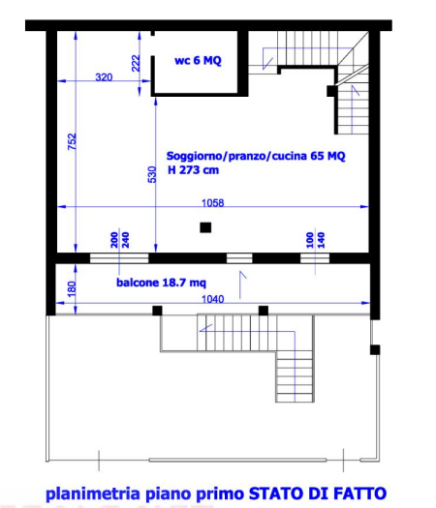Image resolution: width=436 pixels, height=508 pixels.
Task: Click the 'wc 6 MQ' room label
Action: pyautogui.click(x=198, y=61)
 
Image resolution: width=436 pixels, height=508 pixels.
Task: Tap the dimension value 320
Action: pyautogui.click(x=104, y=77)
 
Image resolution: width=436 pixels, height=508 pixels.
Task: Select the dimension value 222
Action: pyautogui.click(x=136, y=63)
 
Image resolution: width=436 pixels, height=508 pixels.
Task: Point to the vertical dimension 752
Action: pyautogui.click(x=72, y=141)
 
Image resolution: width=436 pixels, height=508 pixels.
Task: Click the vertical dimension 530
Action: pyautogui.click(x=152, y=174)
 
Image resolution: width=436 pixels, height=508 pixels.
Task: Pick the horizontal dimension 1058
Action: pyautogui.click(x=213, y=203)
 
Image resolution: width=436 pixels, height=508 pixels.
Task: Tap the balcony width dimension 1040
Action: pyautogui.click(x=213, y=299)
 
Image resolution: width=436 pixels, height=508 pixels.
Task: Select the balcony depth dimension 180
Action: pyautogui.click(x=72, y=288)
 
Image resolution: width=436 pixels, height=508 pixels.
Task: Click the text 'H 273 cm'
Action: pyautogui.click(x=194, y=170)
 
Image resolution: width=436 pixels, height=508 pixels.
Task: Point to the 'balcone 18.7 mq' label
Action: pyautogui.click(x=161, y=283)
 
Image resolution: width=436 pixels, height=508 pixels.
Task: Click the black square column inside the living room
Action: pyautogui.click(x=205, y=227)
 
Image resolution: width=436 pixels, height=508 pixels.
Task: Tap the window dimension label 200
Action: pyautogui.click(x=114, y=240)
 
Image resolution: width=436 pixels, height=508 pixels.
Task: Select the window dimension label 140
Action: pyautogui.click(x=321, y=240)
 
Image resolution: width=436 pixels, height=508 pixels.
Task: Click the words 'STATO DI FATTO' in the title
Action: pyautogui.click(x=318, y=493)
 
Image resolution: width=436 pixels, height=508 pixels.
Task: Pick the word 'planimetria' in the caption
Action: pyautogui.click(x=93, y=493)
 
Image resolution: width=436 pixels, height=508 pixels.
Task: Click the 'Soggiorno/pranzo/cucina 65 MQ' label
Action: pyautogui.click(x=256, y=156)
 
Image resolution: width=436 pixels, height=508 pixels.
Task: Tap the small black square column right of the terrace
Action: pyautogui.click(x=375, y=350)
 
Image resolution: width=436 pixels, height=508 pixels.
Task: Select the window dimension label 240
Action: pyautogui.click(x=125, y=240)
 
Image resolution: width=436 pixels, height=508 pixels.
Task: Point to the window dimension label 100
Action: pyautogui.click(x=310, y=240)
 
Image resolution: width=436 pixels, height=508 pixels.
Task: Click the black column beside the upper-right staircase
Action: pyautogui.click(x=331, y=91)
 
